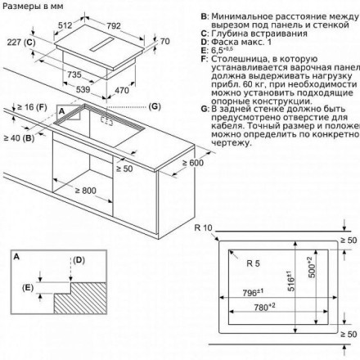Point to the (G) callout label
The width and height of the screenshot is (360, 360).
[x=155, y=107]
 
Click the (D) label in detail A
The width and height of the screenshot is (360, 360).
[x=79, y=260]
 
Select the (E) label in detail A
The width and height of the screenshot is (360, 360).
[x=29, y=287]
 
